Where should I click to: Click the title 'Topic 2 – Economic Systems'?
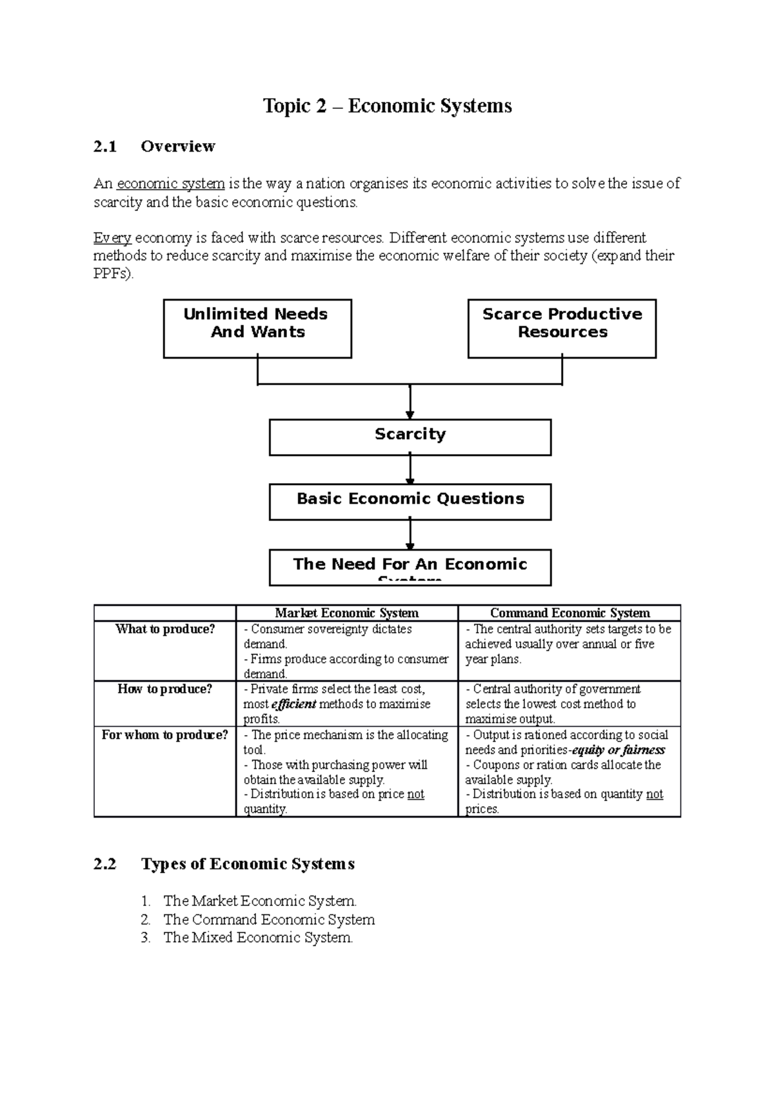pos(387,106)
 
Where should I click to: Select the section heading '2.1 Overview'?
pos(155,146)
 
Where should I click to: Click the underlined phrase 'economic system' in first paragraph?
pos(170,184)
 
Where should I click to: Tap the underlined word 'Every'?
pos(112,238)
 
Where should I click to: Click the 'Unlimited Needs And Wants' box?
pos(257,328)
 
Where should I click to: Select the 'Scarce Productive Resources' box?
pos(562,328)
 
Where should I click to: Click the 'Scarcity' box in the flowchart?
pos(410,437)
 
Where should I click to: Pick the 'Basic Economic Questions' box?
pos(410,501)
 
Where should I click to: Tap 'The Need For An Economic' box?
pos(410,566)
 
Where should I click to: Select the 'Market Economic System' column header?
pos(346,613)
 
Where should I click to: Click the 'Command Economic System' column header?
pos(570,613)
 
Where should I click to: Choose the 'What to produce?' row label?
pos(164,629)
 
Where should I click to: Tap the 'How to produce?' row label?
pos(164,689)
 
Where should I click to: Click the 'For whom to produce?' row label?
pos(164,735)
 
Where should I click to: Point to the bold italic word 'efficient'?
pos(294,704)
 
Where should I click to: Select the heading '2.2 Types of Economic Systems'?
pos(224,864)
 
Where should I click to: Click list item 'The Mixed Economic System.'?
pos(258,938)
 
